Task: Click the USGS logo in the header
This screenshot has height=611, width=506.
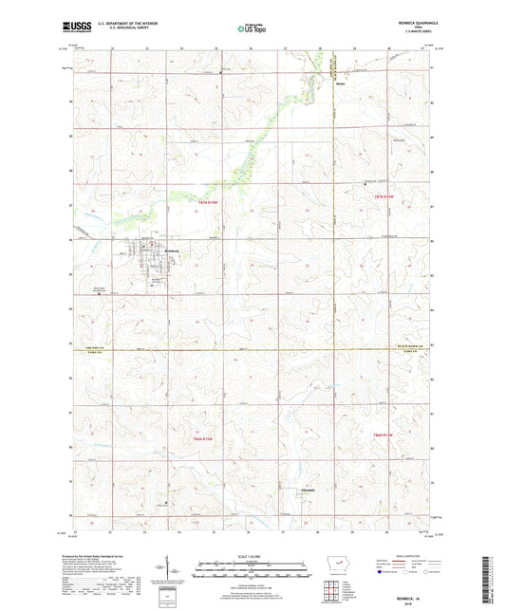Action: pyautogui.click(x=75, y=28)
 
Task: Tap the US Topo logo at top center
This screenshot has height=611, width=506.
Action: pyautogui.click(x=252, y=29)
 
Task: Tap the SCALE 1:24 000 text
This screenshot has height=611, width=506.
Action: pyautogui.click(x=253, y=557)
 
